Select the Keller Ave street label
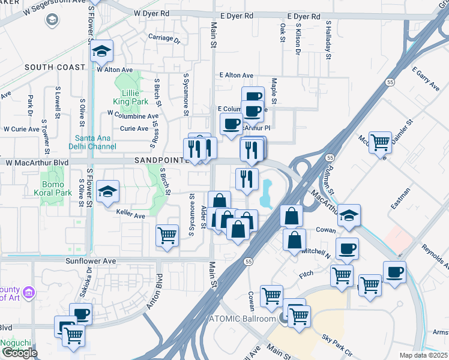pos(131,216)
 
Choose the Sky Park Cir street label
pos(337,343)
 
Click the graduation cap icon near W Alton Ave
pos(102,52)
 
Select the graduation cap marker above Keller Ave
pos(107,192)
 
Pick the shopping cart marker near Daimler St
pos(380,143)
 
